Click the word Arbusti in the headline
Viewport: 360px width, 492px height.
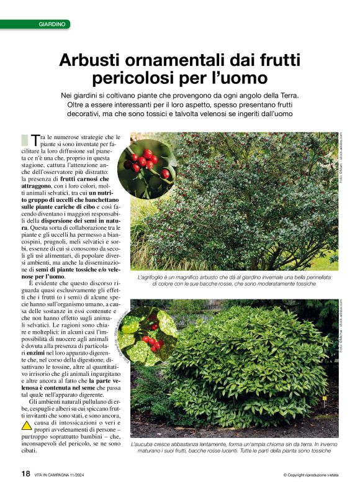[89, 61]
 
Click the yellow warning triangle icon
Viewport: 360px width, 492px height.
[27, 426]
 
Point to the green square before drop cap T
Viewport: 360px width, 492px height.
[25, 140]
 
